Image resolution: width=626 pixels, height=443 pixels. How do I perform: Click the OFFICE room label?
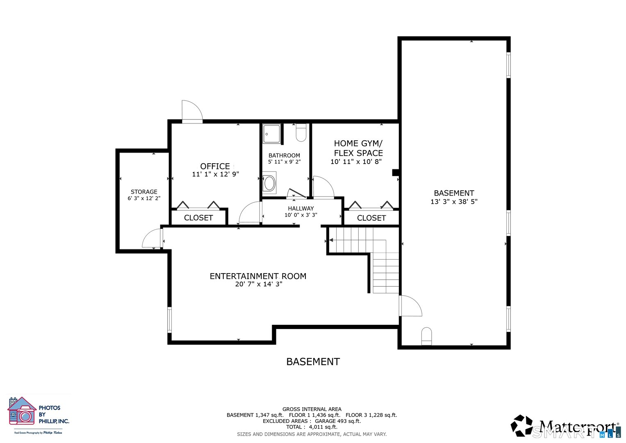point(215,166)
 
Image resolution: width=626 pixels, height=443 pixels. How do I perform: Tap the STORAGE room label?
point(144,192)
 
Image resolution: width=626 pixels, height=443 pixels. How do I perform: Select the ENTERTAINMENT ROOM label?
point(258,276)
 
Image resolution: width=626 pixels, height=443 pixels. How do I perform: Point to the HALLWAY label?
point(300,208)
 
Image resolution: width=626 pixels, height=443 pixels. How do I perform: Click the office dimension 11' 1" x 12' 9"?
point(215,174)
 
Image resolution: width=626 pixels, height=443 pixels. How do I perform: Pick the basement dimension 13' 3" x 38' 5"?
point(454,202)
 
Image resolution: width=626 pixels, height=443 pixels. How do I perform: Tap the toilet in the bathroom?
point(301,132)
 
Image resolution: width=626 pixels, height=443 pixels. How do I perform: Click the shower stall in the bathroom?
point(271,134)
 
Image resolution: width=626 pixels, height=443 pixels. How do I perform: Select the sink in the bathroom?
point(269,183)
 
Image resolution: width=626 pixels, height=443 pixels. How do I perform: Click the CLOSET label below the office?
point(198,218)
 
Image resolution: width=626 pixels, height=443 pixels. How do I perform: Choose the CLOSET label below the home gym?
point(371,218)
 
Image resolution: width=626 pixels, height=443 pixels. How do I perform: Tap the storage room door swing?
point(152,239)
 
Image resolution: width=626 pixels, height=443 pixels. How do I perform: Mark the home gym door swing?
point(323,187)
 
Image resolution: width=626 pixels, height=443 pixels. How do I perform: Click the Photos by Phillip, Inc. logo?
point(39,414)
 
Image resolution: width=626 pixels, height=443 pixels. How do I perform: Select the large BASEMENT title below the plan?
point(313,362)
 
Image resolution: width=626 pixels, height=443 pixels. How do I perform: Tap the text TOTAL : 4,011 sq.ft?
point(312,427)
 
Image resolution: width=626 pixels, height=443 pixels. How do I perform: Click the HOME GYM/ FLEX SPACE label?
point(358,148)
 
